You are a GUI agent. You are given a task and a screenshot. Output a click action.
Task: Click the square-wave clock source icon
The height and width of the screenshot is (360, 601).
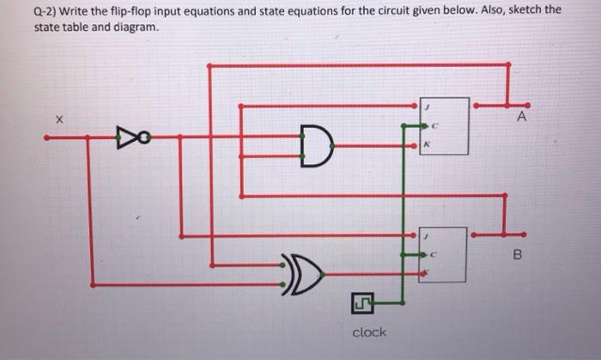361,302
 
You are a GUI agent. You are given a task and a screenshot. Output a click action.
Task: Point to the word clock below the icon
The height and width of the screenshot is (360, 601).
369,332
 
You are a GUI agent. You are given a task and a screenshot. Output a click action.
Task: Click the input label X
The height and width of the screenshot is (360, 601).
59,119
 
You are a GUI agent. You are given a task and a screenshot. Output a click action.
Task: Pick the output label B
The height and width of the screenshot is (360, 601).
517,254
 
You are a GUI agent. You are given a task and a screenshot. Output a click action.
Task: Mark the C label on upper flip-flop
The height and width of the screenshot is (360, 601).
435,126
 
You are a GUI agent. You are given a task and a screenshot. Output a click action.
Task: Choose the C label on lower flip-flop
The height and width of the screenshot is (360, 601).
435,255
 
